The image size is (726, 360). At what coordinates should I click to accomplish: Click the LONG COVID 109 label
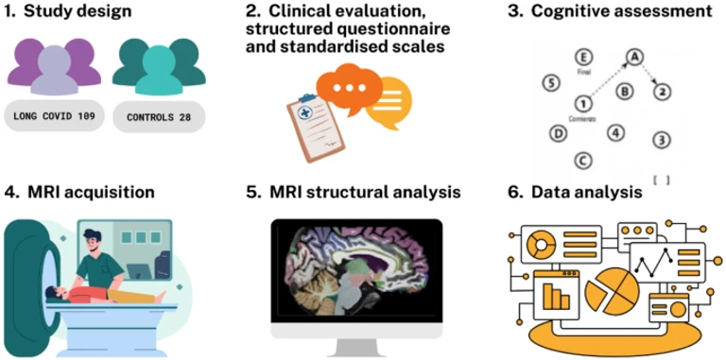click(x=54, y=117)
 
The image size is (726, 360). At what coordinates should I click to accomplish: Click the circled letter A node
click(x=635, y=57)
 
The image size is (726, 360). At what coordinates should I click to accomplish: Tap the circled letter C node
click(x=584, y=161)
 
